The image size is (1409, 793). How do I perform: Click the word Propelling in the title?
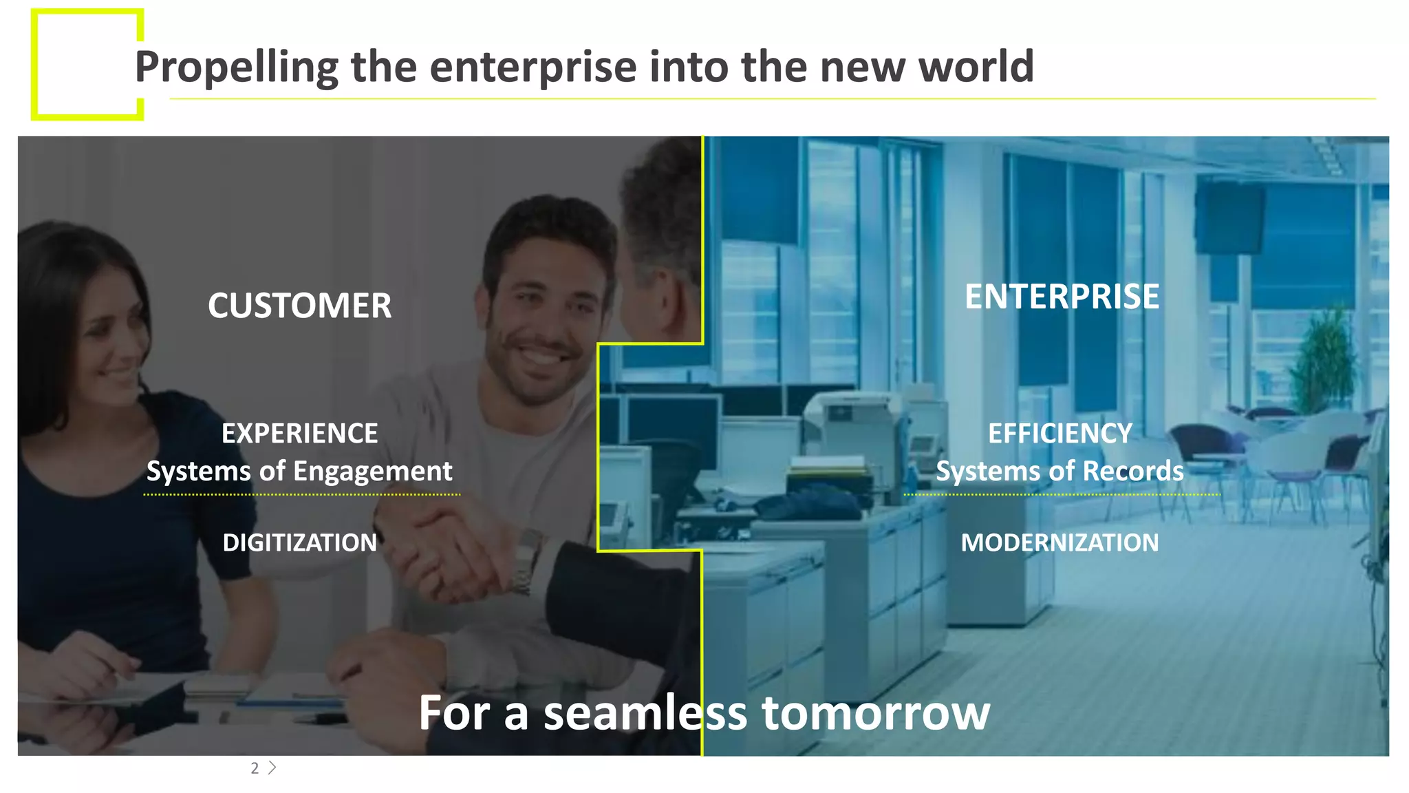pyautogui.click(x=236, y=67)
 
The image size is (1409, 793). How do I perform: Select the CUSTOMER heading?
pyautogui.click(x=299, y=306)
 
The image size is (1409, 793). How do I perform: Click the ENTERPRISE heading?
pyautogui.click(x=1062, y=297)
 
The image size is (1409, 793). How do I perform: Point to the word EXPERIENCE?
pyautogui.click(x=299, y=434)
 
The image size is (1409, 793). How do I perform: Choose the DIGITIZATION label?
pyautogui.click(x=299, y=542)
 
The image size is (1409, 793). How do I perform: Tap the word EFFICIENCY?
pyautogui.click(x=1060, y=434)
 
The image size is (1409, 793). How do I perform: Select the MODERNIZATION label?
pyautogui.click(x=1060, y=542)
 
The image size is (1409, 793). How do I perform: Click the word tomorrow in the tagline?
pyautogui.click(x=875, y=712)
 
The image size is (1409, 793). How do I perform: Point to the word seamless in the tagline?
pyautogui.click(x=645, y=712)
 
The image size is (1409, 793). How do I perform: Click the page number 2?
pyautogui.click(x=255, y=768)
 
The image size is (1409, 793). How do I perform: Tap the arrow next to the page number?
pyautogui.click(x=272, y=768)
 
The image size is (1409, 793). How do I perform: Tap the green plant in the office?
pyautogui.click(x=1324, y=358)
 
